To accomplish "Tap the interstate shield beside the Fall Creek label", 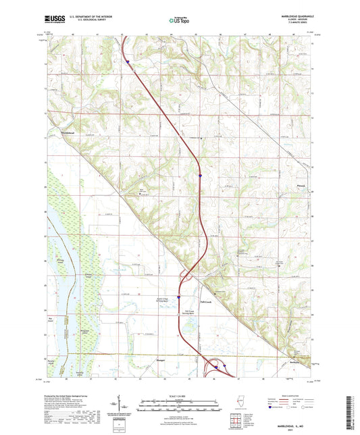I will point(179,296).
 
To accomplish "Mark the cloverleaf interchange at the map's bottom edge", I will point(217,367).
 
